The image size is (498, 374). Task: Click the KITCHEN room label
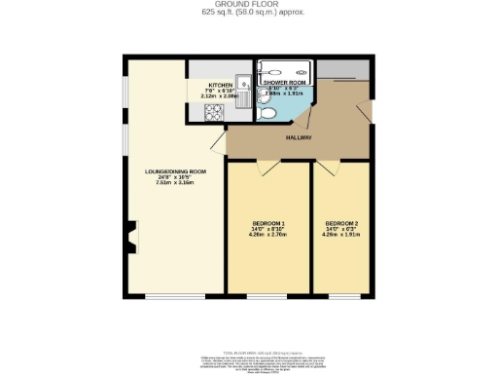[220, 85]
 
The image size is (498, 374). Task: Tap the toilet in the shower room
[267, 112]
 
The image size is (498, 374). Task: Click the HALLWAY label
[300, 138]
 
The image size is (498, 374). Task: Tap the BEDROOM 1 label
[267, 222]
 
